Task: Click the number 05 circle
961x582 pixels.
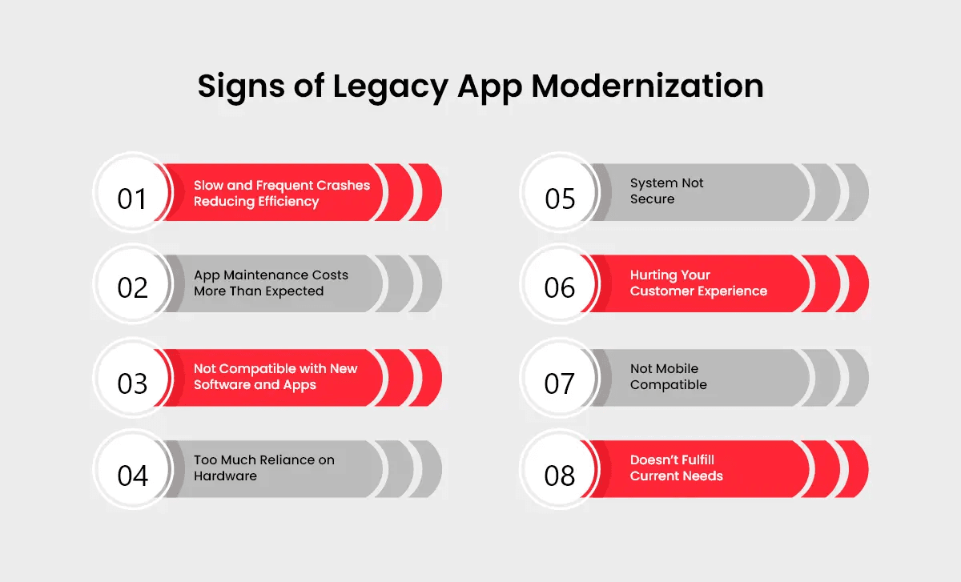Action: tap(560, 198)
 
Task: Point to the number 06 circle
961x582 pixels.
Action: tap(560, 287)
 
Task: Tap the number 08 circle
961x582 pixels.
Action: tap(560, 475)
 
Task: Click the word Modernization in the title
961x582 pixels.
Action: tap(650, 86)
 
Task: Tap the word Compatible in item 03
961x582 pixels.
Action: tap(257, 369)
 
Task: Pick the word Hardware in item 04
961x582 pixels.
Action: tap(225, 476)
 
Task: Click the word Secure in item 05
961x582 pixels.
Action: tap(653, 199)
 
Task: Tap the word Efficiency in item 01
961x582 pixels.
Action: tap(287, 202)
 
